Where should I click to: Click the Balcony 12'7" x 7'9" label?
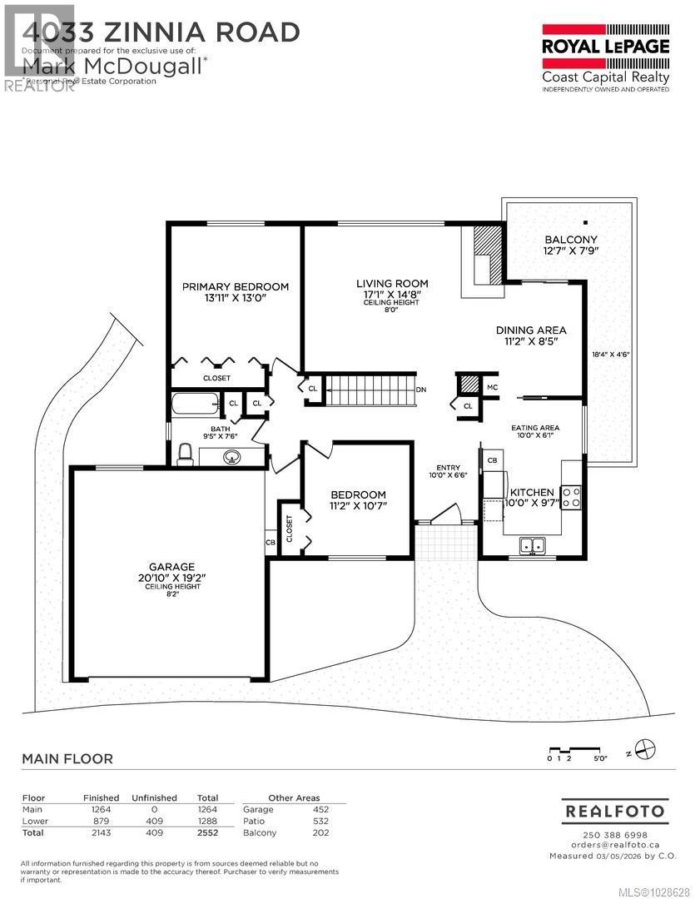point(570,245)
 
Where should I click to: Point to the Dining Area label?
point(531,335)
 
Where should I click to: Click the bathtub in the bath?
point(194,405)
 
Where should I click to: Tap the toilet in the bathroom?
point(186,454)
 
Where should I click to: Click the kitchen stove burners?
point(572,498)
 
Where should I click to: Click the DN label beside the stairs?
point(421,390)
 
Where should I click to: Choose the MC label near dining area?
point(492,387)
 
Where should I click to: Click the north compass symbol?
point(643,748)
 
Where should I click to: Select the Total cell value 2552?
point(206,832)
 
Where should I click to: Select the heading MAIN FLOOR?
point(67,758)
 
